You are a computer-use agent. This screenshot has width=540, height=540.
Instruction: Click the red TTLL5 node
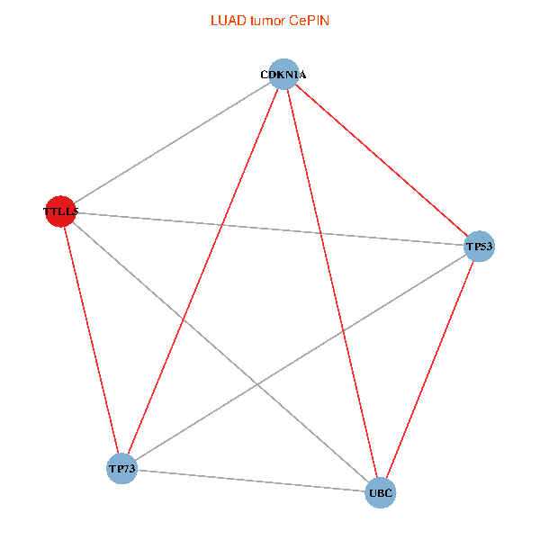pyautogui.click(x=59, y=211)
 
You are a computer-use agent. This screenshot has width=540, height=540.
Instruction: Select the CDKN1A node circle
pyautogui.click(x=283, y=74)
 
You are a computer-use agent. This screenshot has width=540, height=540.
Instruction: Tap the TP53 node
pyautogui.click(x=480, y=246)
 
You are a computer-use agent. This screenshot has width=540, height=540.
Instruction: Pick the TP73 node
pyautogui.click(x=121, y=468)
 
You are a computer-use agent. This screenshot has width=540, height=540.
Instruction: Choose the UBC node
pyautogui.click(x=381, y=492)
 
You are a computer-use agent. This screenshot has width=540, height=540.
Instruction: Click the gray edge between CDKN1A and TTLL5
pyautogui.click(x=171, y=143)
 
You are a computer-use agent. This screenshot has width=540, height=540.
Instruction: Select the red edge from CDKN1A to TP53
pyautogui.click(x=382, y=160)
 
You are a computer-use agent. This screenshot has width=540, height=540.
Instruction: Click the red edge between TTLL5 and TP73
pyautogui.click(x=90, y=340)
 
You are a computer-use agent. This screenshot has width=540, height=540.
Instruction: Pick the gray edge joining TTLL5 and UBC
pyautogui.click(x=220, y=352)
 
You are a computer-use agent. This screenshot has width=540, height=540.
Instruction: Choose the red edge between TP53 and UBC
pyautogui.click(x=430, y=369)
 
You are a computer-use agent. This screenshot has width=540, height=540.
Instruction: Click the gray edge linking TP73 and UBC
pyautogui.click(x=251, y=481)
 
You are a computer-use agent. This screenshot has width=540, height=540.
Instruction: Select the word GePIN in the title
pyautogui.click(x=310, y=20)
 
